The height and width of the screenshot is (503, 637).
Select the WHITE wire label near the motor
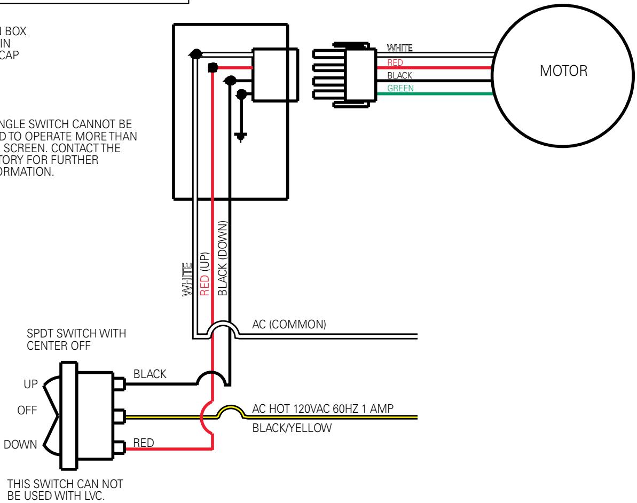click(400, 49)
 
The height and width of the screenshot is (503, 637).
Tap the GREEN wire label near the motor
click(400, 88)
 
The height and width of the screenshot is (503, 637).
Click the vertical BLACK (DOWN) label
click(223, 258)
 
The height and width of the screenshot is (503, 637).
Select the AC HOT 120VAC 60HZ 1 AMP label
click(324, 409)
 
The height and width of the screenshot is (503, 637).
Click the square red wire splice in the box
click(212, 68)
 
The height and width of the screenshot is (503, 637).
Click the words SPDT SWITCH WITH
click(76, 334)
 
